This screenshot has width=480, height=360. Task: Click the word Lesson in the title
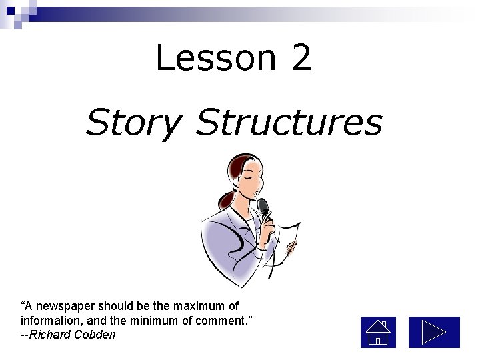pos(215,58)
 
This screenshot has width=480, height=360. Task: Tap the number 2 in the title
pos(301,58)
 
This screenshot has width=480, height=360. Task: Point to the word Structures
pos(289,123)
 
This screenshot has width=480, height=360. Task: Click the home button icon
pos(378,332)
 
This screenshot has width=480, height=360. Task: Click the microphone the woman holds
pos(263,208)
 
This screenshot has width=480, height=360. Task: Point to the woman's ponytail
pos(227,197)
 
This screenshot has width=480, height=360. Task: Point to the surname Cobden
pos(95,335)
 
